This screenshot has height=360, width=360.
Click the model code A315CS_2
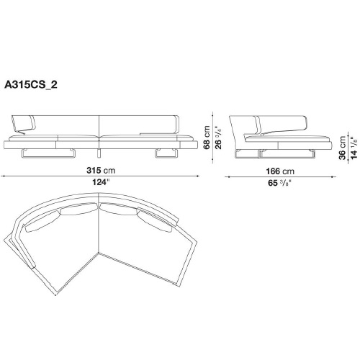[x=31, y=85]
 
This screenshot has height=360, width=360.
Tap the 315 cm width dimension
[x=101, y=171]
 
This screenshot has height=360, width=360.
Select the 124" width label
[x=101, y=182]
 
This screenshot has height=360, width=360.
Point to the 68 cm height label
[x=207, y=138]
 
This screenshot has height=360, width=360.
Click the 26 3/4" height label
[x=218, y=138]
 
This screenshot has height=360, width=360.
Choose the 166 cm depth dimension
[x=280, y=171]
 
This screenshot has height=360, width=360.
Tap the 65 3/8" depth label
[x=280, y=183]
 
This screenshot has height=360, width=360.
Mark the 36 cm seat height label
[x=342, y=148]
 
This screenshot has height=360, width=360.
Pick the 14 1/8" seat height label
[x=354, y=148]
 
